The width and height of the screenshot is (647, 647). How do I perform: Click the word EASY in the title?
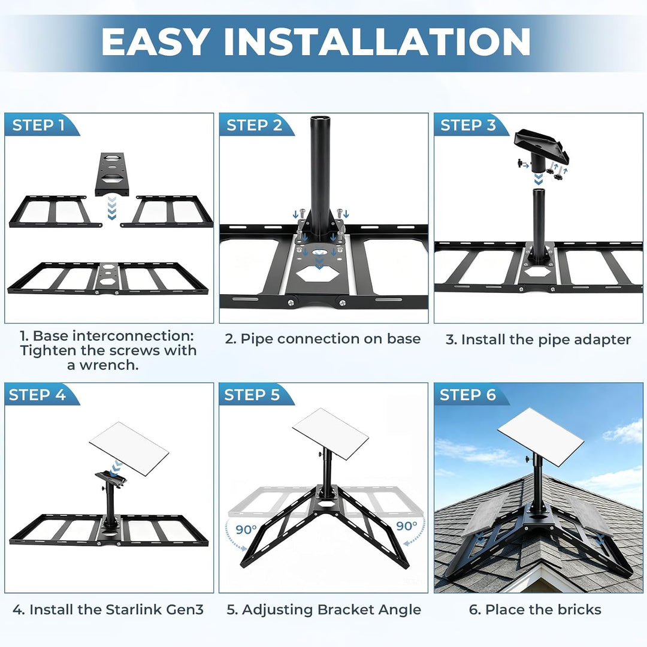(155, 41)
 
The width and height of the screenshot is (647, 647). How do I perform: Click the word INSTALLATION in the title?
(377, 41)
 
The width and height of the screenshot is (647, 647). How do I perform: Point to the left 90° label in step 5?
(246, 530)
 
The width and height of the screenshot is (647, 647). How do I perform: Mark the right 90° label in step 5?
(406, 526)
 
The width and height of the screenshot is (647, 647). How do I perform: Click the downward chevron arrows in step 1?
(111, 208)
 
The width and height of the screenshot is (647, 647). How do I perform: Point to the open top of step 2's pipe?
(319, 119)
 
